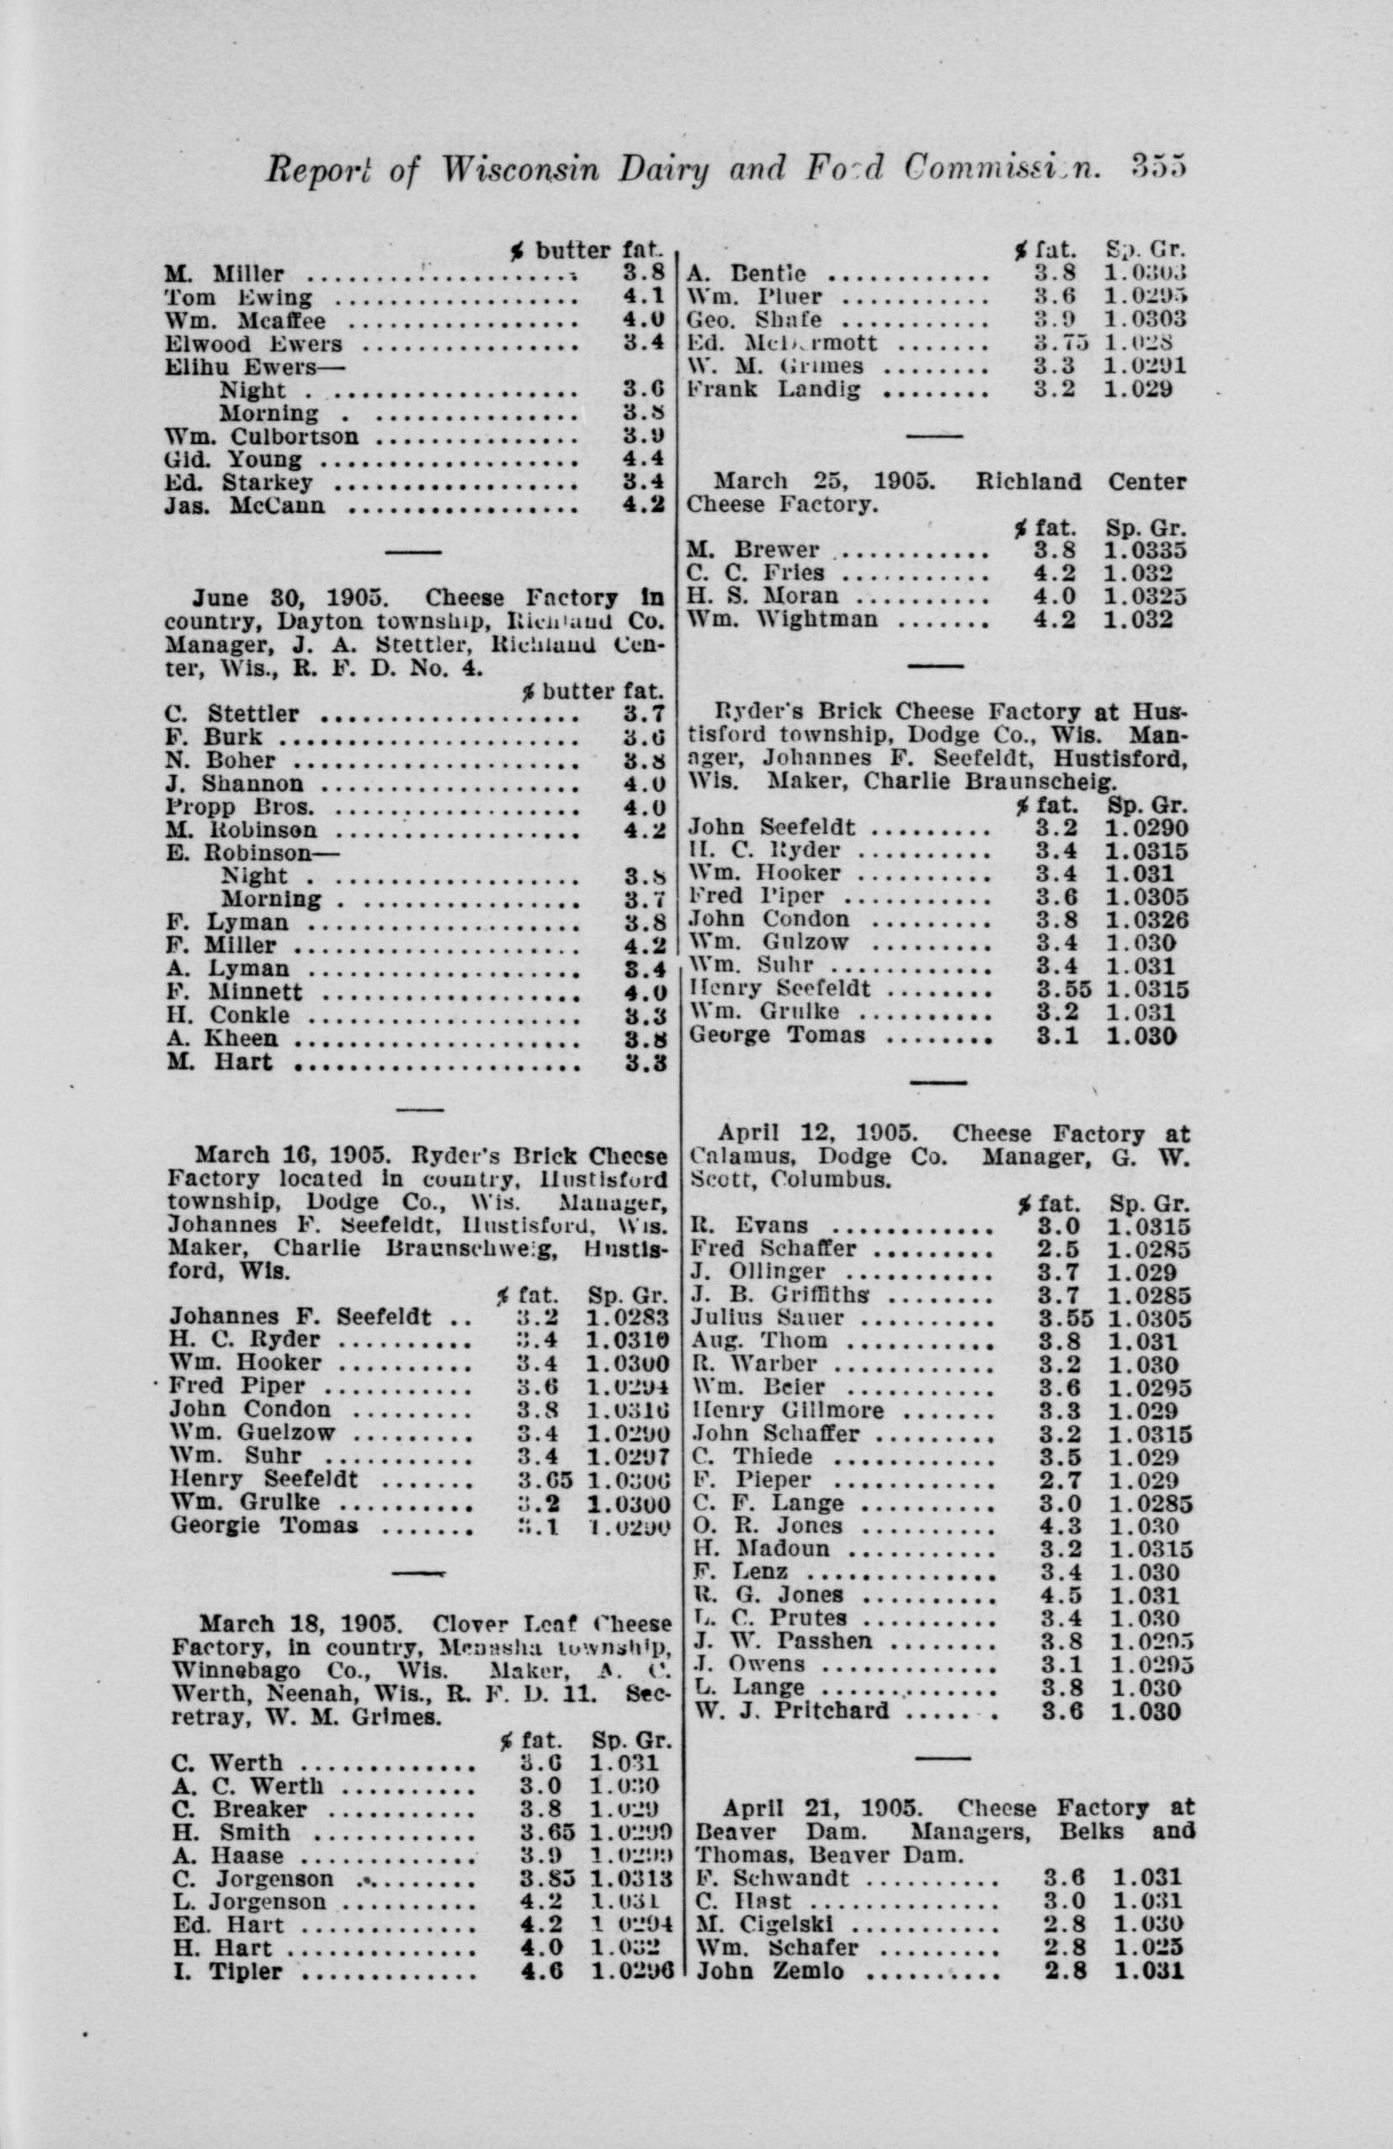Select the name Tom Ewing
tap(238, 298)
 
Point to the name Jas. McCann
tap(245, 505)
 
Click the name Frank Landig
tap(774, 390)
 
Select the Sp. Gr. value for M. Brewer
tap(1144, 550)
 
